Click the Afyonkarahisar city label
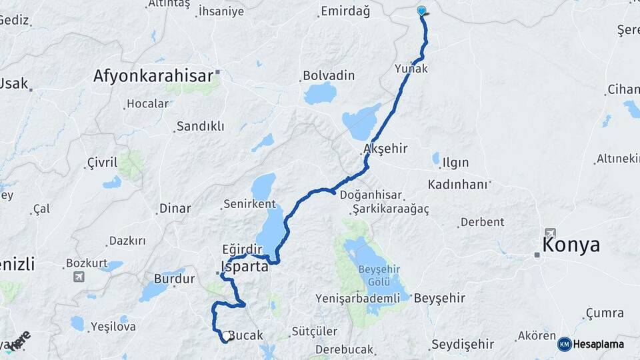click(x=153, y=75)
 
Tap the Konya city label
click(x=571, y=245)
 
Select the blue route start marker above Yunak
click(x=421, y=11)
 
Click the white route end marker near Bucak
click(x=227, y=337)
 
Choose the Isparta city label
click(x=244, y=267)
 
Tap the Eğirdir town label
click(x=243, y=249)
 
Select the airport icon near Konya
click(x=550, y=233)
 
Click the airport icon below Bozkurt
click(x=79, y=277)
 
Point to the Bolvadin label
click(x=328, y=75)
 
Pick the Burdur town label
click(x=169, y=278)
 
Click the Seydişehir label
click(x=463, y=344)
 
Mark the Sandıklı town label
click(x=199, y=126)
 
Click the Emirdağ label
click(x=345, y=11)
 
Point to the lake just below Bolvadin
click(x=321, y=93)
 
